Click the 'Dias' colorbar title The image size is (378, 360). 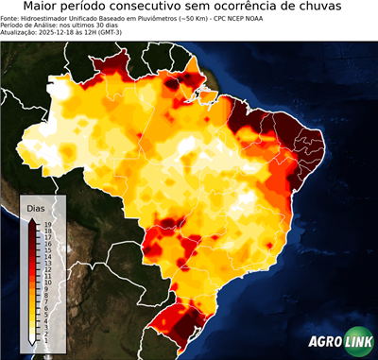(36, 206)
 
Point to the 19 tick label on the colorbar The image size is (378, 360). (47, 224)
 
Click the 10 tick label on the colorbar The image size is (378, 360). (47, 284)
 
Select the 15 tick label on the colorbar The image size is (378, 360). (47, 250)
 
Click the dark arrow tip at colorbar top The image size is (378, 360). (32, 219)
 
